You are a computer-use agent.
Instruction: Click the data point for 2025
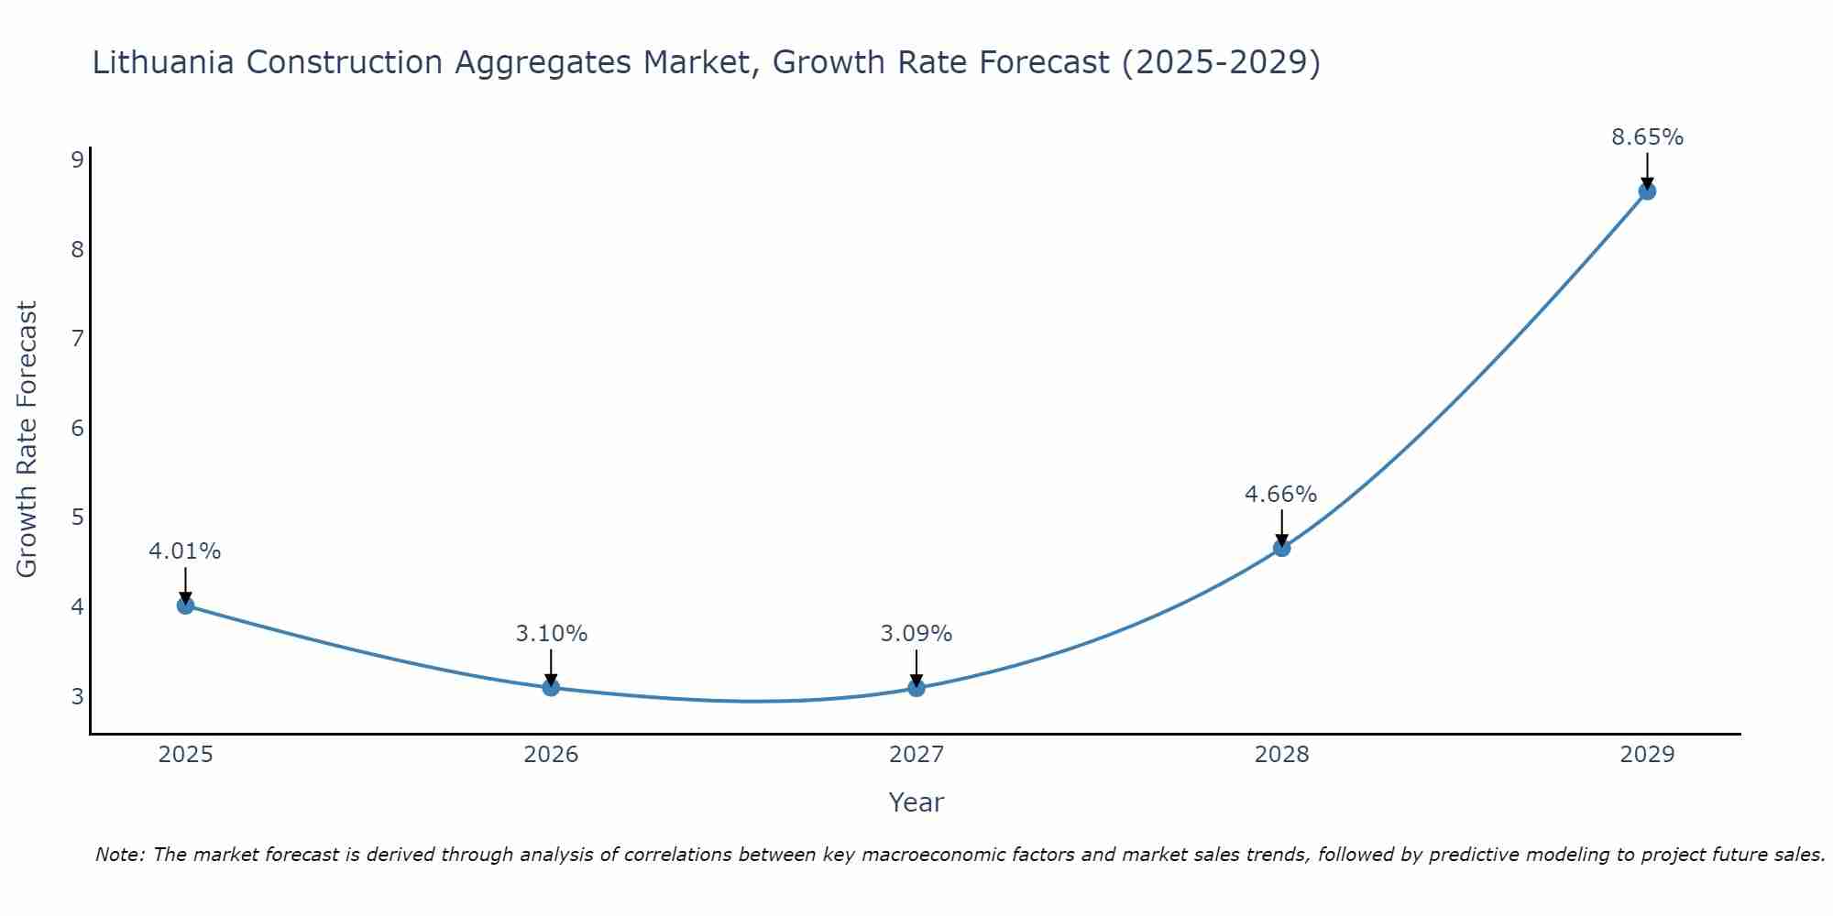[185, 605]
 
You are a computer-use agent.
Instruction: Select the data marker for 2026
[551, 687]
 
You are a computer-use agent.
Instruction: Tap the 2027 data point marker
[916, 688]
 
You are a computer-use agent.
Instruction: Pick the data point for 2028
[1281, 548]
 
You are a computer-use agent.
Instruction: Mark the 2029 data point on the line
[1647, 191]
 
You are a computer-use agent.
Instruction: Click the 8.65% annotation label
[1647, 137]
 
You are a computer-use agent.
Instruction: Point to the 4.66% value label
[1280, 495]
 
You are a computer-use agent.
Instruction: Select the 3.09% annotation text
[916, 633]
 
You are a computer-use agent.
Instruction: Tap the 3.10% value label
[551, 633]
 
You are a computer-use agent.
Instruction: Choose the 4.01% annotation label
[185, 551]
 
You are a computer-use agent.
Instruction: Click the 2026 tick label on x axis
[551, 755]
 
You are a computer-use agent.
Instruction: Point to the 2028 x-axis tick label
[1281, 755]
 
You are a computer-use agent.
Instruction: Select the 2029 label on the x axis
[1647, 755]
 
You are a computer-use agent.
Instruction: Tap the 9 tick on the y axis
[77, 160]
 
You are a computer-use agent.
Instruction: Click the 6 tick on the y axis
[77, 428]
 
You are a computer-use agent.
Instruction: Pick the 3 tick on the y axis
[77, 696]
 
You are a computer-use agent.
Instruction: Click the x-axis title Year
[916, 802]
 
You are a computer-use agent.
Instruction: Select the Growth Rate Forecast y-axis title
[27, 440]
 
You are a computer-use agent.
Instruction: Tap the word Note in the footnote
[119, 855]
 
